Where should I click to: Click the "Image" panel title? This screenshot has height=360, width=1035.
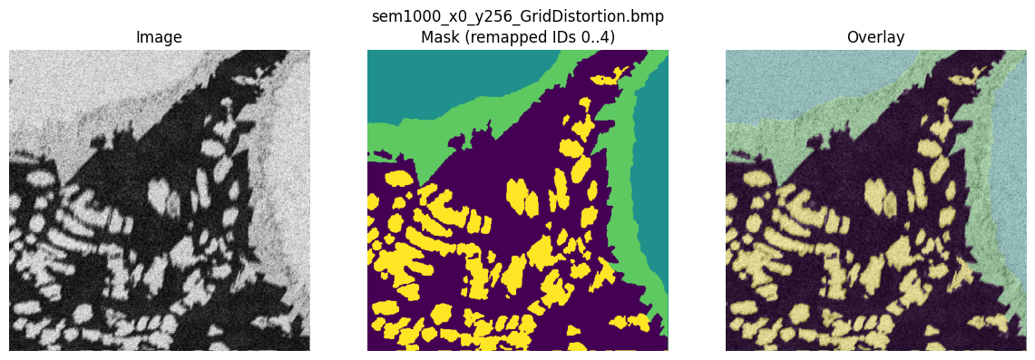[x=159, y=37]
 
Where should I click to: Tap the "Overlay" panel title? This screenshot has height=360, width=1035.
[x=875, y=37]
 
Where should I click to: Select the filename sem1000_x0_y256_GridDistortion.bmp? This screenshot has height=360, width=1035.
[x=517, y=17]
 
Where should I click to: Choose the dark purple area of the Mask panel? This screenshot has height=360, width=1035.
[x=508, y=181]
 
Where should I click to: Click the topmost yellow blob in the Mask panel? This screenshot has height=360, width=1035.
[x=598, y=79]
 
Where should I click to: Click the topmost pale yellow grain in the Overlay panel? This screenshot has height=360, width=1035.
[x=956, y=79]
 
